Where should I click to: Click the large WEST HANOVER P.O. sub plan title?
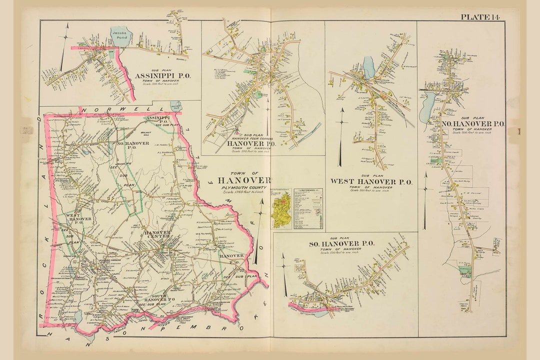coord(371,182)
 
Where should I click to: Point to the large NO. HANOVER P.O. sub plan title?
coord(472,123)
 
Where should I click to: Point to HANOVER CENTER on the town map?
coord(158,235)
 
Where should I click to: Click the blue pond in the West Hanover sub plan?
coord(369,67)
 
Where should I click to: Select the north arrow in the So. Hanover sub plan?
coord(284,275)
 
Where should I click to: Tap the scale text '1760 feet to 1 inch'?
coord(245,193)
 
